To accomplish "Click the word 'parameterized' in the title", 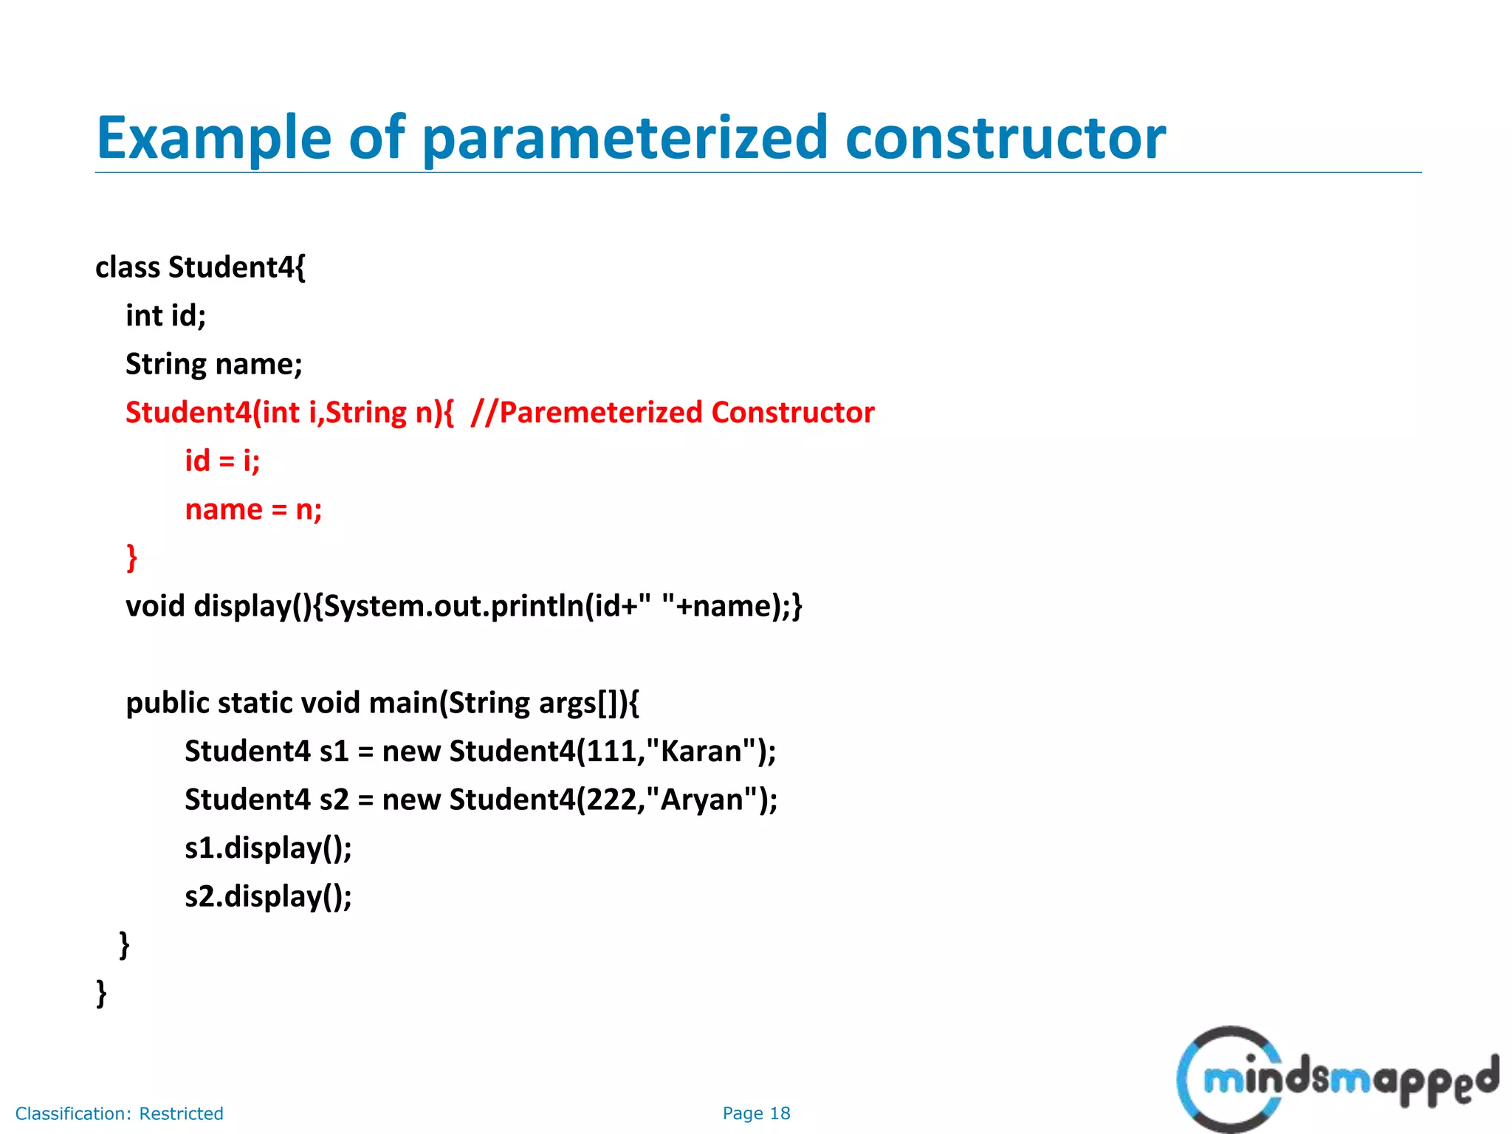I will pos(625,139).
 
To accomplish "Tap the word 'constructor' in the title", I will pos(1005,139).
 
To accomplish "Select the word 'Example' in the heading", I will pos(214,139).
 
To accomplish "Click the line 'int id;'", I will pos(165,316).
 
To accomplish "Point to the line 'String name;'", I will pos(213,365).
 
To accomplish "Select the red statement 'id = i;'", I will pos(222,461).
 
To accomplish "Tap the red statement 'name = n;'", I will pos(253,510).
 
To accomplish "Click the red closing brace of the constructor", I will pos(131,557).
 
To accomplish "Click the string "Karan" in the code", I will pos(701,752).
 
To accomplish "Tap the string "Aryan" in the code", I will pos(701,800).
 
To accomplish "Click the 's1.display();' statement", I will pos(268,848).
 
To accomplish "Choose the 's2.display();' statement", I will pos(268,897).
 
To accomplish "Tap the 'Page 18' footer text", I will pos(756,1113).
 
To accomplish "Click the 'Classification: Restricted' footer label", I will pos(119,1113).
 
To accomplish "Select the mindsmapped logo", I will pos(1336,1079).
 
